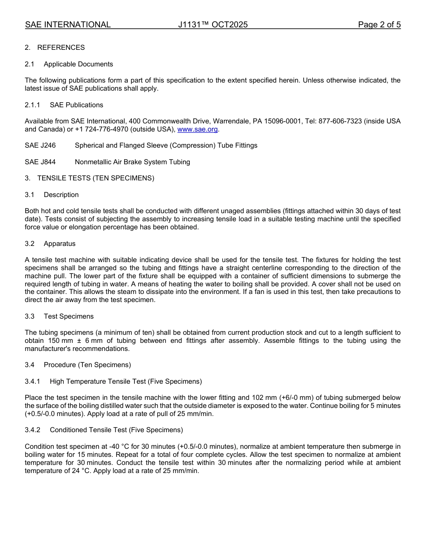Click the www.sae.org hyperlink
click(197, 129)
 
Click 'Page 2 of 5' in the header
click(379, 25)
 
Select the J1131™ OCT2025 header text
click(213, 25)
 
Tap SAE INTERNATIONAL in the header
click(68, 25)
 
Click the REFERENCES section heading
click(61, 48)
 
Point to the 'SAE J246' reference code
click(40, 145)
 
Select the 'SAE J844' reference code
click(40, 162)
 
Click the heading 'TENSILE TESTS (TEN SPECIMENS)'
click(96, 178)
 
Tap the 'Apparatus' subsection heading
click(60, 244)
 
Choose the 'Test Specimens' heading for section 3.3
click(69, 316)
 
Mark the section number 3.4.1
click(32, 381)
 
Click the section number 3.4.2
click(32, 430)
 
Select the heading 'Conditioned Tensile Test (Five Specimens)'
click(116, 430)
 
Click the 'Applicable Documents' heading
click(78, 64)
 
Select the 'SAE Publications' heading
click(76, 105)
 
